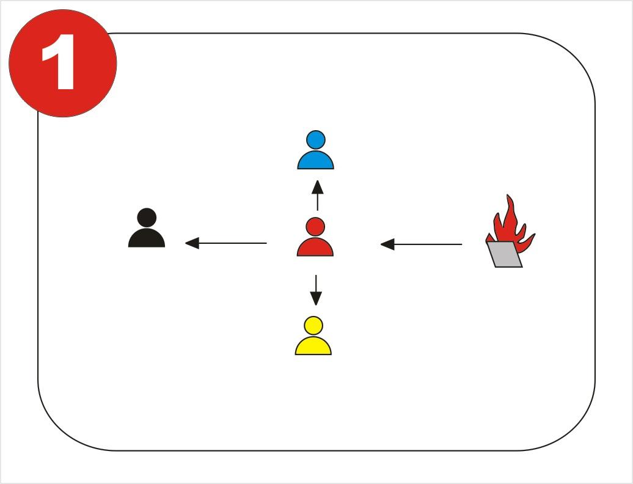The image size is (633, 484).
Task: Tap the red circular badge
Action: pyautogui.click(x=63, y=64)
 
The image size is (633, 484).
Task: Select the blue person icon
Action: pyautogui.click(x=316, y=150)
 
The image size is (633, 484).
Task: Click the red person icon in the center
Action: pyautogui.click(x=315, y=237)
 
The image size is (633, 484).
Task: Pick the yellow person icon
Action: pyautogui.click(x=313, y=336)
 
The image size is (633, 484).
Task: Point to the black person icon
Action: pyautogui.click(x=147, y=228)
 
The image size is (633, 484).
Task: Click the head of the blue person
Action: pyautogui.click(x=316, y=140)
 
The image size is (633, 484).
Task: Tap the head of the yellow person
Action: pyautogui.click(x=313, y=326)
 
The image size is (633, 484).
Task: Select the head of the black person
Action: pyautogui.click(x=147, y=218)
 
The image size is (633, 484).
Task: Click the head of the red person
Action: pyautogui.click(x=315, y=227)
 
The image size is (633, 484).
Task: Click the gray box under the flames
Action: pyautogui.click(x=505, y=255)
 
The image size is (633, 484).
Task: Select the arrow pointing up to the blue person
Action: pyautogui.click(x=317, y=196)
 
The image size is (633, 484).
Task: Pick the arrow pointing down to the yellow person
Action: pyautogui.click(x=316, y=290)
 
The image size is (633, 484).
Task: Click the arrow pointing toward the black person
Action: pyautogui.click(x=225, y=243)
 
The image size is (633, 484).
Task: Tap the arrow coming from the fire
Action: pyautogui.click(x=421, y=244)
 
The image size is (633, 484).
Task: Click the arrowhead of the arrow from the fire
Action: pyautogui.click(x=387, y=244)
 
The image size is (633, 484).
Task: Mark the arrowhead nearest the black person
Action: pyautogui.click(x=192, y=243)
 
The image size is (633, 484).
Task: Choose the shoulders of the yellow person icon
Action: pyautogui.click(x=313, y=346)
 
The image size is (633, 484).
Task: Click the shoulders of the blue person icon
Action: pyautogui.click(x=316, y=160)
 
